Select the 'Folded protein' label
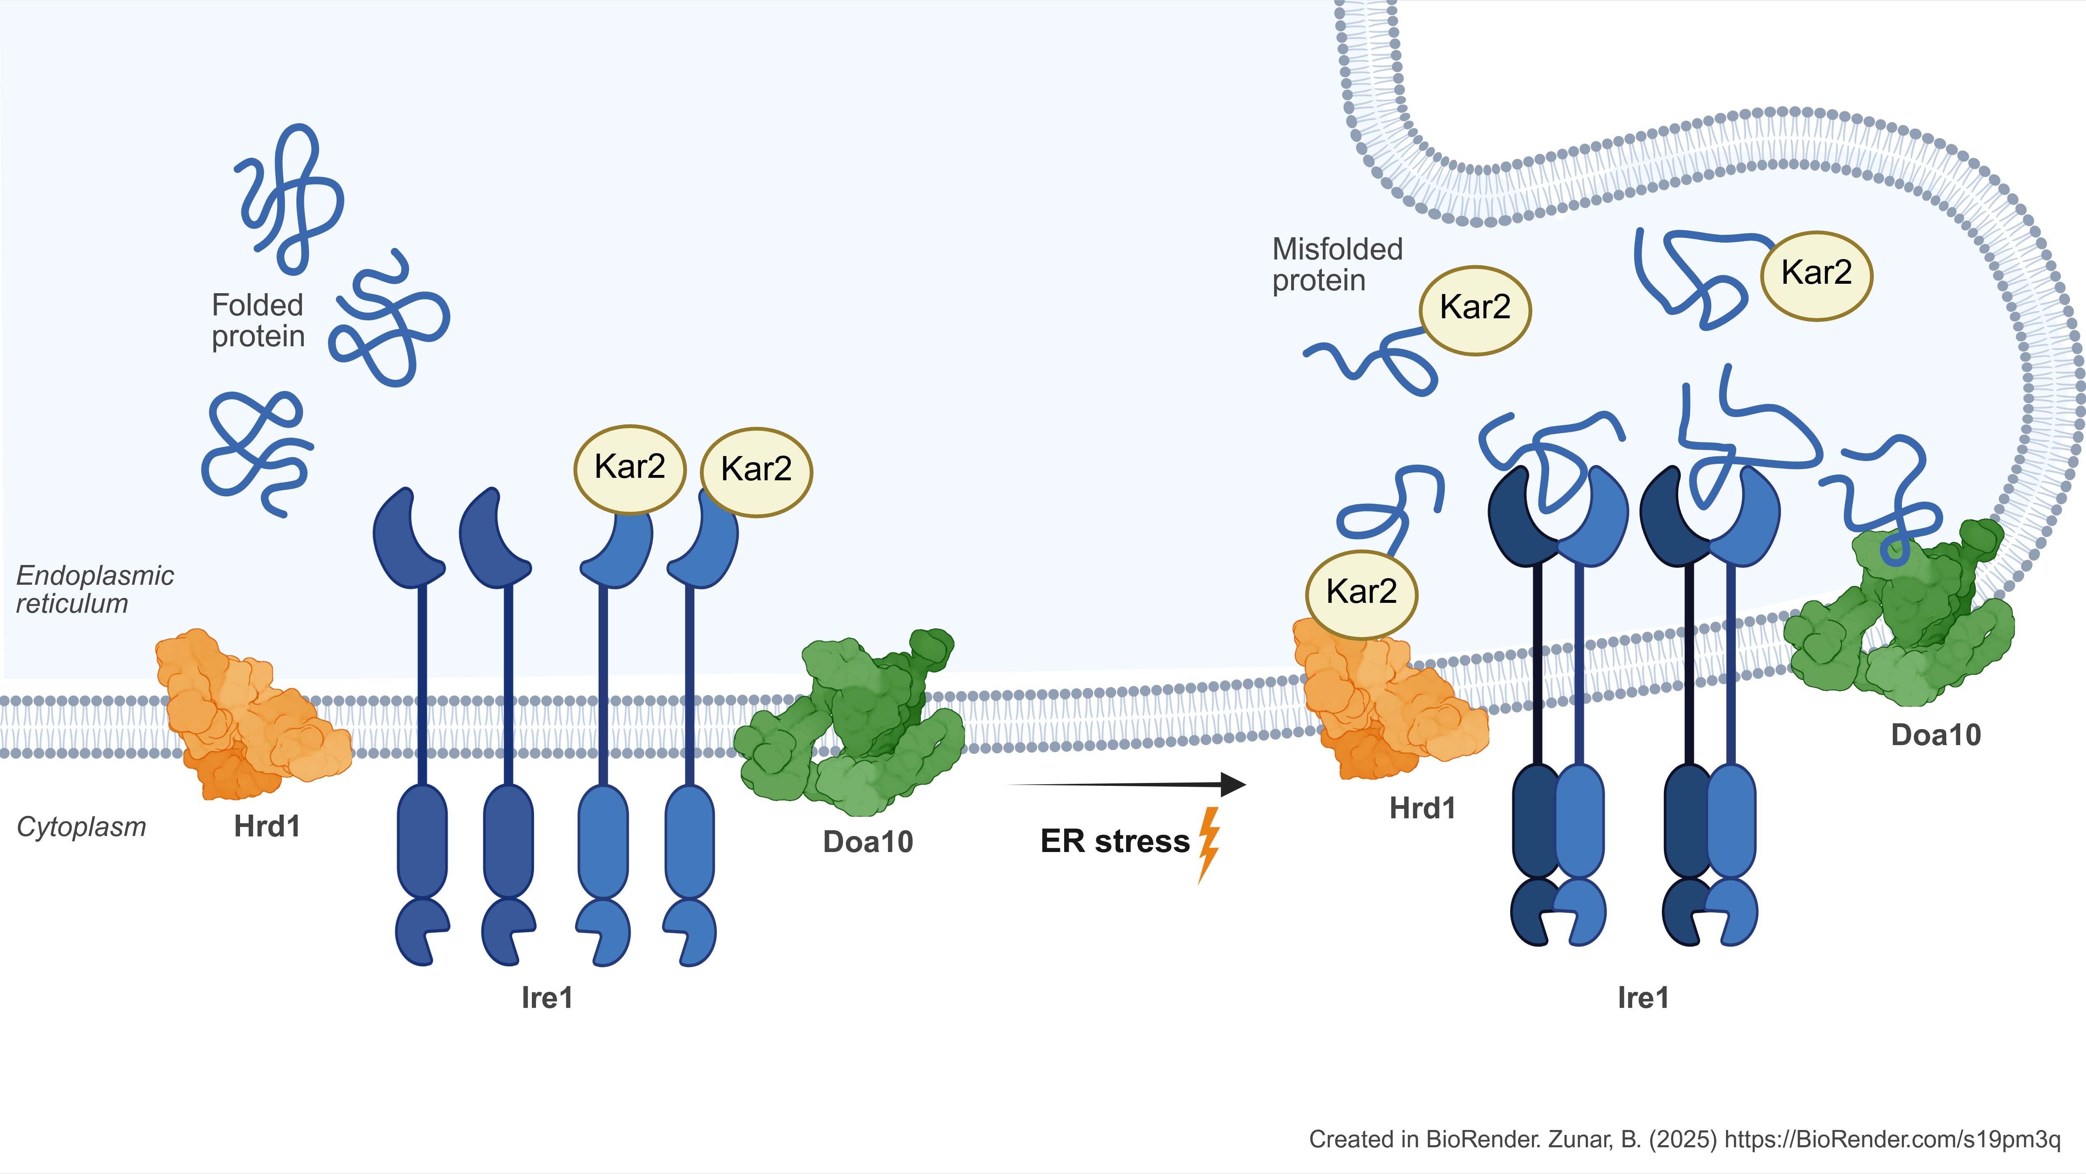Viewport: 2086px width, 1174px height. point(257,321)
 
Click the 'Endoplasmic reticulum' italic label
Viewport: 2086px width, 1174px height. point(95,589)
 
